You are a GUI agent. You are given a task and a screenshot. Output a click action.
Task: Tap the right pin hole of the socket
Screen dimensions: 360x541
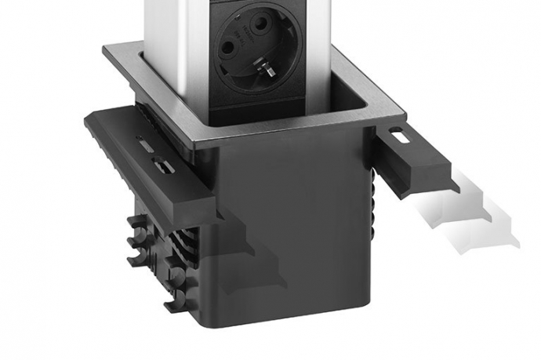pos(271,48)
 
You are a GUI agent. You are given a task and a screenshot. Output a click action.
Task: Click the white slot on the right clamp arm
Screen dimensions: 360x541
pos(398,136)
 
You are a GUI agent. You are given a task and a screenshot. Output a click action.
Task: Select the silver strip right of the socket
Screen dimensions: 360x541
pos(320,47)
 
